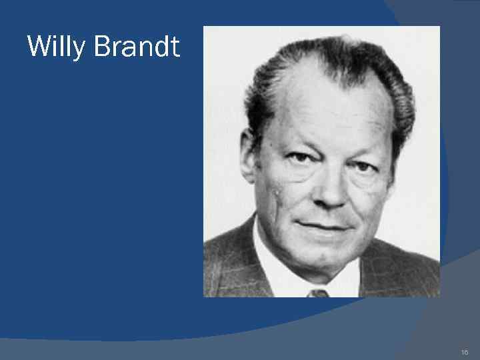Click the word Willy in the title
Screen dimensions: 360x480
coord(57,47)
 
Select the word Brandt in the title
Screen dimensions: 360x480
coord(137,47)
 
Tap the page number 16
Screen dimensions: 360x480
coord(465,351)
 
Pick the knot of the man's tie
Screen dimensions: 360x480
coord(318,293)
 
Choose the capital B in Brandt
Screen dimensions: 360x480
coord(102,47)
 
